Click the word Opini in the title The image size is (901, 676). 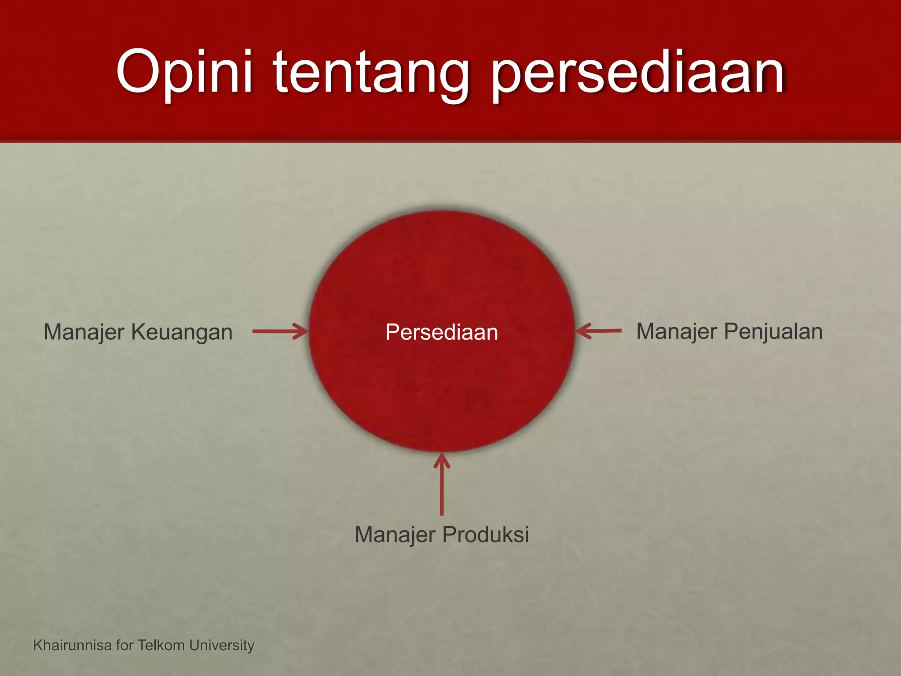click(x=184, y=73)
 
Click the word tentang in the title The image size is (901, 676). click(x=371, y=73)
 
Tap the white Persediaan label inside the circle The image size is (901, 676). click(x=441, y=332)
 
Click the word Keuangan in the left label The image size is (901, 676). click(x=182, y=332)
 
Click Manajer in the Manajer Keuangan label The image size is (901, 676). click(x=84, y=332)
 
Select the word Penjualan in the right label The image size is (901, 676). click(x=773, y=331)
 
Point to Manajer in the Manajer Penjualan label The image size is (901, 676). click(x=676, y=331)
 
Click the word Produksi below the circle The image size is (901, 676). click(x=485, y=535)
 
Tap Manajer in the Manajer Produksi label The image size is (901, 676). click(x=395, y=535)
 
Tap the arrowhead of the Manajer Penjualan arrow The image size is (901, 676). click(x=582, y=331)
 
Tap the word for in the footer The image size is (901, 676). click(x=125, y=645)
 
